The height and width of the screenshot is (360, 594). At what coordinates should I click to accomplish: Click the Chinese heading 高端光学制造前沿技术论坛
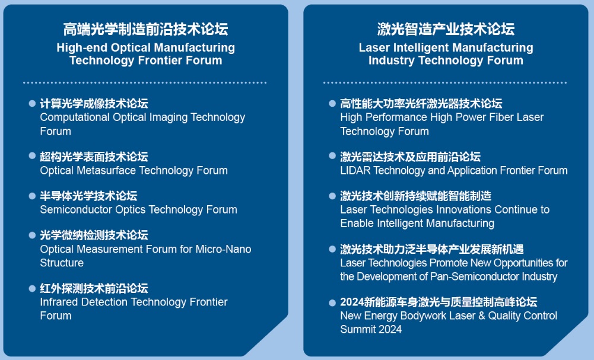pyautogui.click(x=145, y=29)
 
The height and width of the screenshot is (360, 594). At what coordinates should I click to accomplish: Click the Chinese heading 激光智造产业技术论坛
pyautogui.click(x=446, y=29)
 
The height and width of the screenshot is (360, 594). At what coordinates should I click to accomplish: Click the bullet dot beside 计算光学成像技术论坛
pyautogui.click(x=32, y=103)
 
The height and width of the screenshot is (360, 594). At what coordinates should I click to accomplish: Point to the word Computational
pyautogui.click(x=75, y=118)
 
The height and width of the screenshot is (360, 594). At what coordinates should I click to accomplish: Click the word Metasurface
pyautogui.click(x=106, y=171)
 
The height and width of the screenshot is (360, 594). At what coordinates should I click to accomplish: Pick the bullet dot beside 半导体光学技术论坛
pyautogui.click(x=32, y=196)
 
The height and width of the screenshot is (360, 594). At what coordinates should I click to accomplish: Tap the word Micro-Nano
pyautogui.click(x=223, y=249)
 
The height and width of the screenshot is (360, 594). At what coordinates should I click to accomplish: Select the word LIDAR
pyautogui.click(x=355, y=171)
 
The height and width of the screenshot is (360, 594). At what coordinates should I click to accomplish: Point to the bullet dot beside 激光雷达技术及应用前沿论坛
pyautogui.click(x=332, y=155)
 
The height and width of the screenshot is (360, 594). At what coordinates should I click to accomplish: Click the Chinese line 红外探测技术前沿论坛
pyautogui.click(x=94, y=288)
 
